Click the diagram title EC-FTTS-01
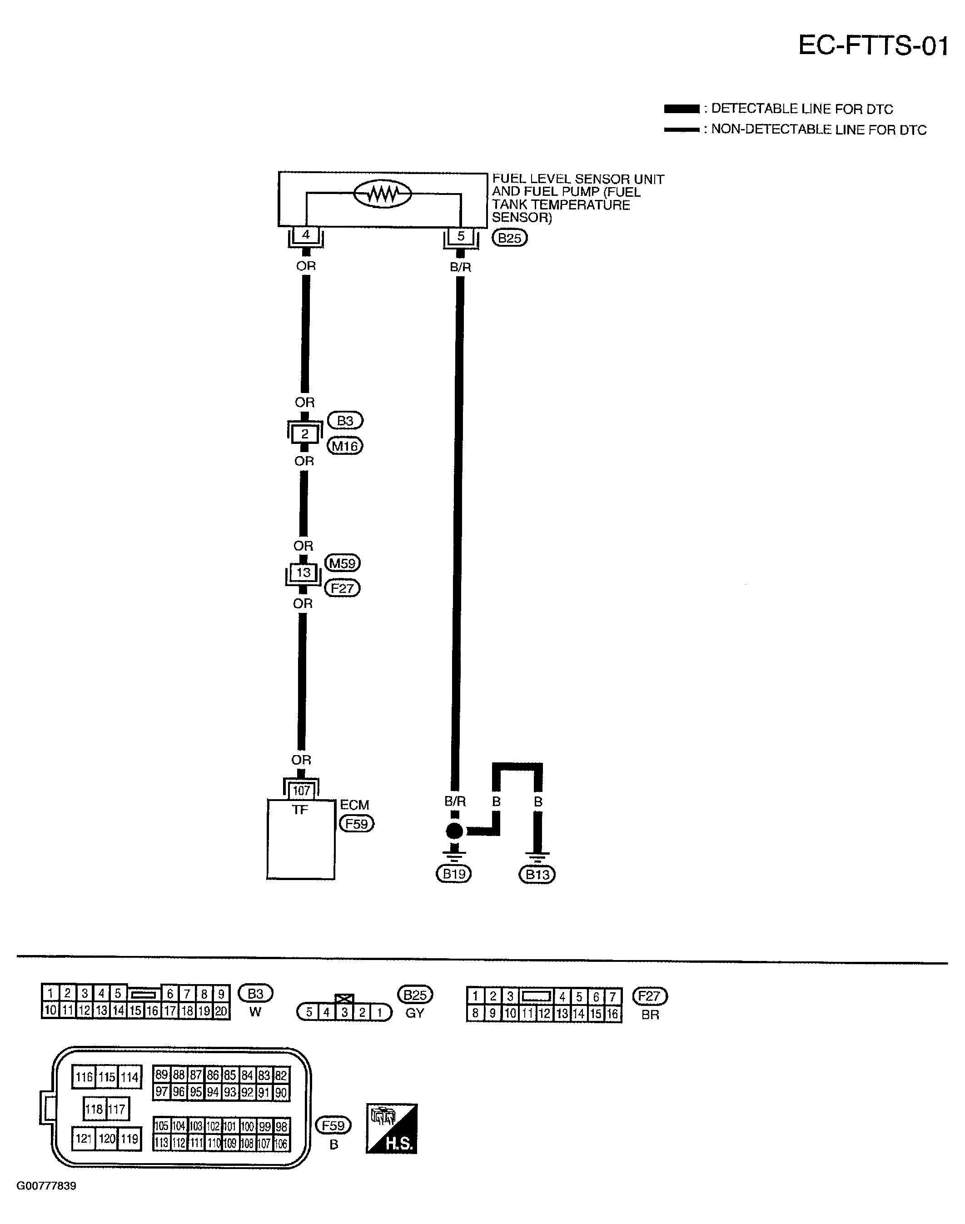pyautogui.click(x=872, y=46)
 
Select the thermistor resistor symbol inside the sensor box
pyautogui.click(x=383, y=194)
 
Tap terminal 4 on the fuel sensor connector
pyautogui.click(x=306, y=234)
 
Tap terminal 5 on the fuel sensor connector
pyautogui.click(x=461, y=236)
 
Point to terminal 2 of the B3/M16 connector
pyautogui.click(x=304, y=434)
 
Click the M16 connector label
pyautogui.click(x=345, y=447)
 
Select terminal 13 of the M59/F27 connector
pyautogui.click(x=303, y=572)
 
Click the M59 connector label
pyautogui.click(x=343, y=563)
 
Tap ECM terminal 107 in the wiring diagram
pyautogui.click(x=301, y=791)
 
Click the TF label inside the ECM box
pyautogui.click(x=300, y=810)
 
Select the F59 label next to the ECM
pyautogui.click(x=357, y=824)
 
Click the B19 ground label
pyautogui.click(x=454, y=874)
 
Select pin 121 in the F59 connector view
pyautogui.click(x=84, y=1138)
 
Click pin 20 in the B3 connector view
pyautogui.click(x=221, y=1010)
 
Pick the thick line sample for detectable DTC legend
pyautogui.click(x=681, y=109)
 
